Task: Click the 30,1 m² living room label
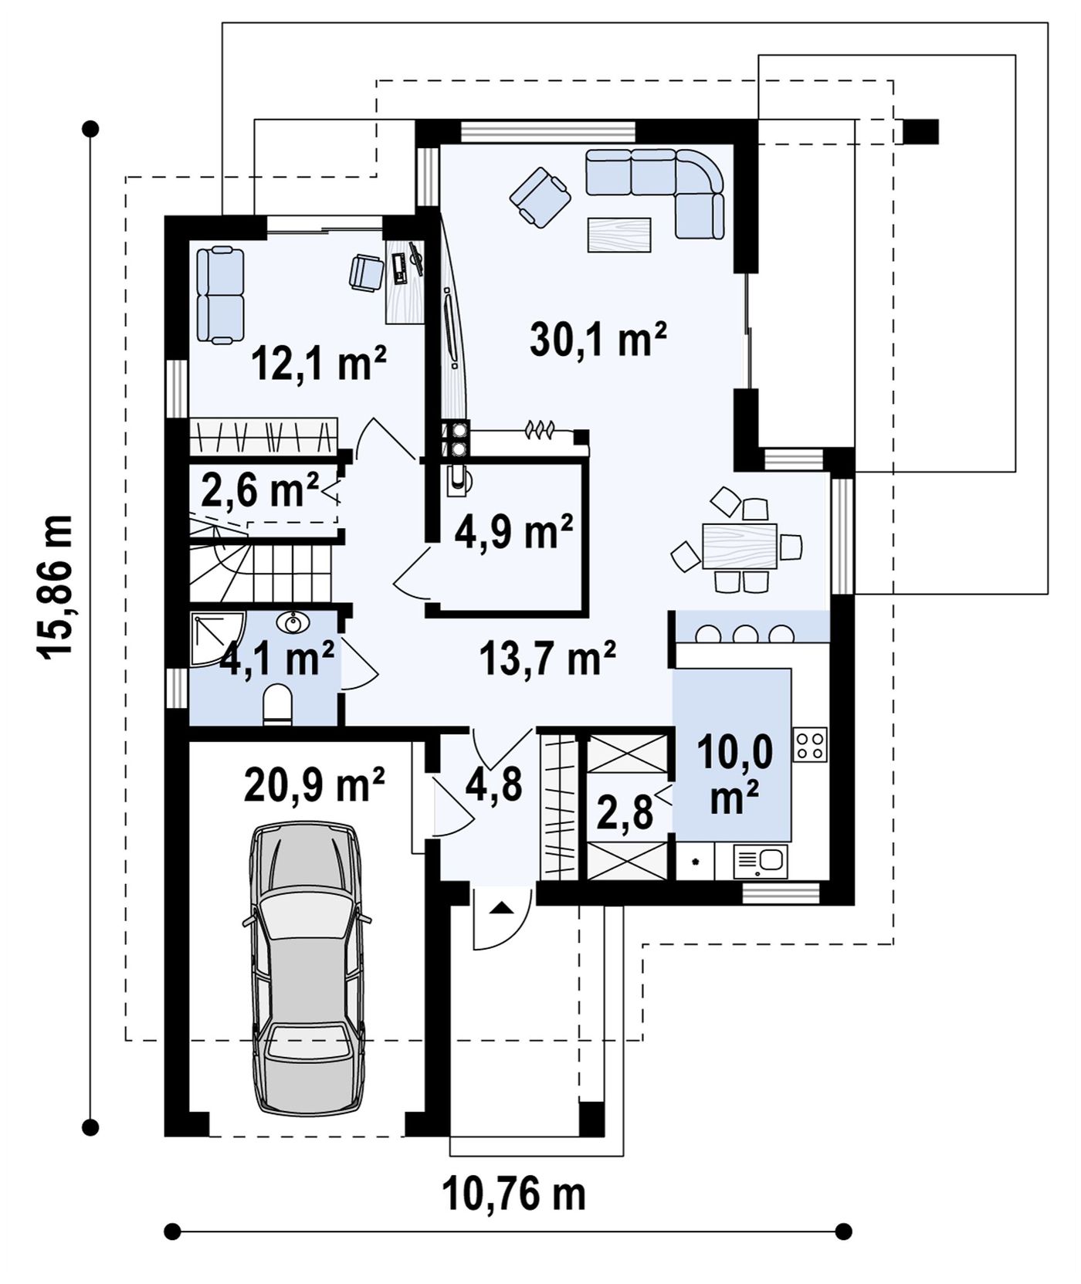coord(598,340)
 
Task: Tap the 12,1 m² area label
coord(319,364)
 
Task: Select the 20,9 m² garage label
coord(314,784)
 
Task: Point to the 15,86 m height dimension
coord(56,587)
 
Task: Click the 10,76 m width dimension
coord(514,1194)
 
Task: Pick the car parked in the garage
coord(307,968)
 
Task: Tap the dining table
coord(740,546)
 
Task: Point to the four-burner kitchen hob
coord(810,745)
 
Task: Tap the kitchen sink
coord(760,861)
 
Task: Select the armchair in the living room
coord(540,198)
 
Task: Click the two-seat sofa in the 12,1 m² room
coord(220,294)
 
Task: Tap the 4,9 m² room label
coord(513,532)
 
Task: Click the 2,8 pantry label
coord(625,812)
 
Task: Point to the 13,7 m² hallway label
coord(547,659)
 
